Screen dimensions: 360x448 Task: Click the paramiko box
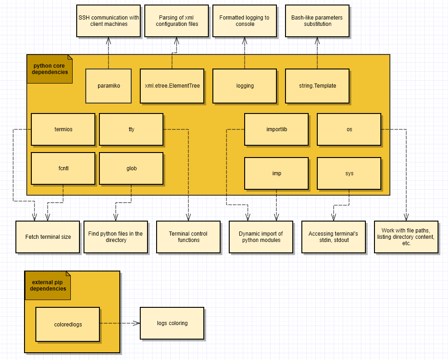tap(108, 86)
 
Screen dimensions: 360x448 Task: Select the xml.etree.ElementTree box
tap(172, 86)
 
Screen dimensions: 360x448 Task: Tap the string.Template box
tap(317, 86)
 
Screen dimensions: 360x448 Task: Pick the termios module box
tap(63, 129)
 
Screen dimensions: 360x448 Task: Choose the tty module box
tap(131, 129)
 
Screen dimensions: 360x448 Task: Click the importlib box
tap(276, 129)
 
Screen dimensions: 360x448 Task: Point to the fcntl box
tap(63, 168)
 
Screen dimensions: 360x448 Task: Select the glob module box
tap(131, 168)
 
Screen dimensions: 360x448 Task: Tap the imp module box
tap(276, 173)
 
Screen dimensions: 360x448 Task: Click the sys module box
tap(349, 173)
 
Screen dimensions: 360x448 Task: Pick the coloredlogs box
tap(68, 324)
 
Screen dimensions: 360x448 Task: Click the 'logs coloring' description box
tap(172, 323)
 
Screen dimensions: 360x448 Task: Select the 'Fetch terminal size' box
tap(48, 237)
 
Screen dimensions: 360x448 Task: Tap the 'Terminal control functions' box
tap(188, 237)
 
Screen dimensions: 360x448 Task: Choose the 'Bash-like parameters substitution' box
tap(317, 21)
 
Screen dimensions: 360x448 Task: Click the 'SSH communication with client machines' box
tap(108, 21)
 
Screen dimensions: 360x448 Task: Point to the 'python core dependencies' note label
tap(49, 69)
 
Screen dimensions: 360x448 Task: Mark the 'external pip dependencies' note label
tap(48, 286)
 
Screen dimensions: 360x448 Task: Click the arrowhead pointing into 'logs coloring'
tap(137, 323)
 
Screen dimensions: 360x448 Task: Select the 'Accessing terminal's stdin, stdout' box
tap(334, 237)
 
